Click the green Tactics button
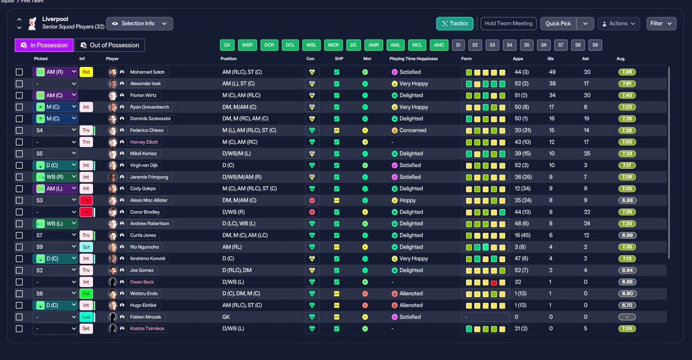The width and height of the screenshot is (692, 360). point(455,23)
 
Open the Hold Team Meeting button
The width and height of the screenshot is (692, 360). point(508,23)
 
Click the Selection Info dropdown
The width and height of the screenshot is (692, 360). point(139,23)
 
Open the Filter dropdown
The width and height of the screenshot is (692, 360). point(661,23)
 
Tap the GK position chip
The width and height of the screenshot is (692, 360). point(227,45)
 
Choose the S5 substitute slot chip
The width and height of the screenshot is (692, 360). point(527,45)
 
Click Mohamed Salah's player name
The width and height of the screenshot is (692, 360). point(148,72)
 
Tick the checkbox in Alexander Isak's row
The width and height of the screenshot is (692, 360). point(19,84)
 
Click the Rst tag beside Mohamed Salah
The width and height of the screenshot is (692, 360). point(86,72)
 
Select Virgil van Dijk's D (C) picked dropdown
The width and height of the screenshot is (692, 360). point(55,165)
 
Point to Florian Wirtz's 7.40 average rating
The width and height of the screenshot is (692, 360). point(627,95)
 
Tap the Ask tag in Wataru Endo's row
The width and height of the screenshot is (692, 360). point(86,294)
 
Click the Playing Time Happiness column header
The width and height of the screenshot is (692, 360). point(414,59)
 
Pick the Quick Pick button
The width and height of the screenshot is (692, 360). point(558,23)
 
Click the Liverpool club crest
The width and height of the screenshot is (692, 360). point(32,23)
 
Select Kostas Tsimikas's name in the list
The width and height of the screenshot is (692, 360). point(147,329)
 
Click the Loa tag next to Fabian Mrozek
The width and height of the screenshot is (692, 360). point(86,317)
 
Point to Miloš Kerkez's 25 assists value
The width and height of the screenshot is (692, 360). point(587,154)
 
